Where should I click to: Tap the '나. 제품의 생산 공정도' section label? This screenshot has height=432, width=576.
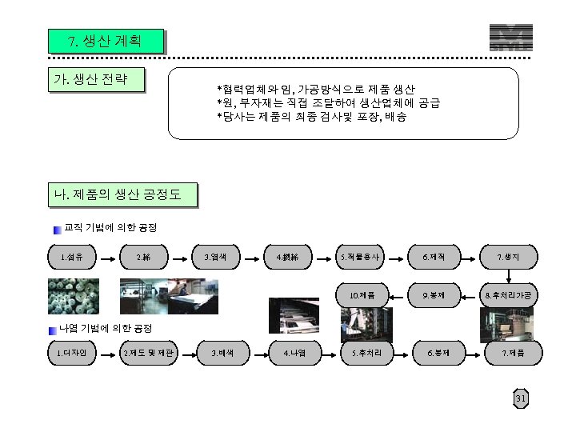pyautogui.click(x=122, y=194)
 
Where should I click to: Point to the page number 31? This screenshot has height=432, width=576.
pyautogui.click(x=521, y=399)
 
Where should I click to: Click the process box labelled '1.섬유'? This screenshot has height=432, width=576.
pyautogui.click(x=71, y=257)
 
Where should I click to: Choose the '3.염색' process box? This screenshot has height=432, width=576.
pyautogui.click(x=216, y=257)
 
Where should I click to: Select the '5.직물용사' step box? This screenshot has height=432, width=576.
pyautogui.click(x=361, y=257)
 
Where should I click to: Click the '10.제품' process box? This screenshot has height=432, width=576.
pyautogui.click(x=361, y=295)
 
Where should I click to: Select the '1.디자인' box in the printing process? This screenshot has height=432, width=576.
pyautogui.click(x=71, y=351)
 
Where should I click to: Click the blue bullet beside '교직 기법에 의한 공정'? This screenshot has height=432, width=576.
pyautogui.click(x=58, y=230)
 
